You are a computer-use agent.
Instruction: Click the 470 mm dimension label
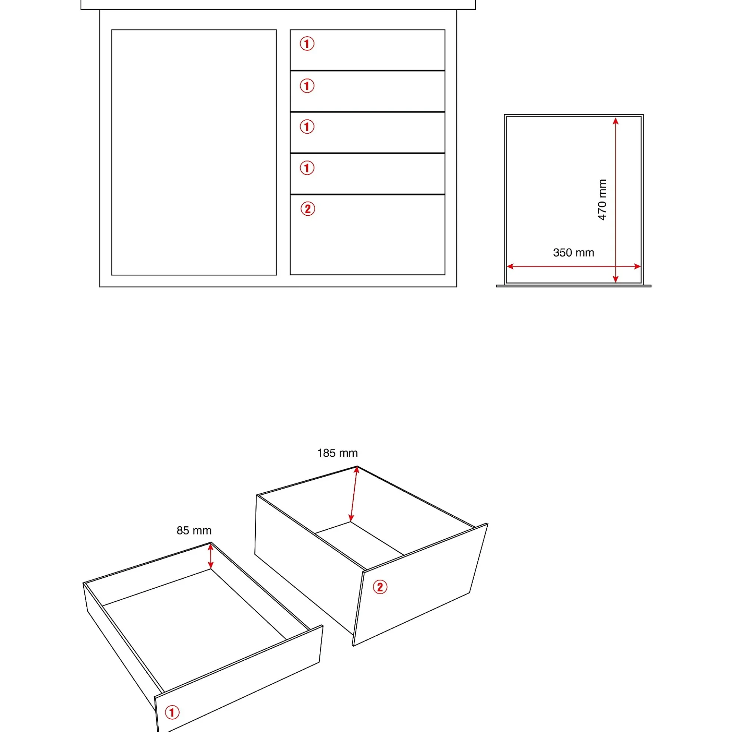pyautogui.click(x=602, y=200)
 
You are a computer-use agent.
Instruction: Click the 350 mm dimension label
pyautogui.click(x=573, y=253)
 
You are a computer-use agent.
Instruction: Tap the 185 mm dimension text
pyautogui.click(x=337, y=453)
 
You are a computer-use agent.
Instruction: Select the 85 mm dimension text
pyautogui.click(x=194, y=530)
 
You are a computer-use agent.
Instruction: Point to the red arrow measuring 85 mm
pyautogui.click(x=211, y=556)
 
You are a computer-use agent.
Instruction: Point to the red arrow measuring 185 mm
pyautogui.click(x=354, y=495)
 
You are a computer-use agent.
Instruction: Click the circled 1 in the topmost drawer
pyautogui.click(x=307, y=44)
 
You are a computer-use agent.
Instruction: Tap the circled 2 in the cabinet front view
pyautogui.click(x=308, y=209)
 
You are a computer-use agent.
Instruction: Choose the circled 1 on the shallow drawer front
pyautogui.click(x=172, y=712)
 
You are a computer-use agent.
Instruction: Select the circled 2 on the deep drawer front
pyautogui.click(x=380, y=587)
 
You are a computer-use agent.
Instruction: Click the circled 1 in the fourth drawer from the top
pyautogui.click(x=307, y=168)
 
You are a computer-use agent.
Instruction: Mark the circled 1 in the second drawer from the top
pyautogui.click(x=307, y=85)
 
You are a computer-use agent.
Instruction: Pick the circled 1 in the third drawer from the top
pyautogui.click(x=307, y=127)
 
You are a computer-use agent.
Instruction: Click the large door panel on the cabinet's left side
pyautogui.click(x=194, y=152)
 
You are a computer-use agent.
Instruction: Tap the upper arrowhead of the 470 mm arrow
pyautogui.click(x=615, y=121)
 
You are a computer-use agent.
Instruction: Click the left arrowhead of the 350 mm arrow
pyautogui.click(x=510, y=267)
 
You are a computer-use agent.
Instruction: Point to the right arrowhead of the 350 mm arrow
pyautogui.click(x=637, y=267)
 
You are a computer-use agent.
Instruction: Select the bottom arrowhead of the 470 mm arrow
pyautogui.click(x=615, y=280)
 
